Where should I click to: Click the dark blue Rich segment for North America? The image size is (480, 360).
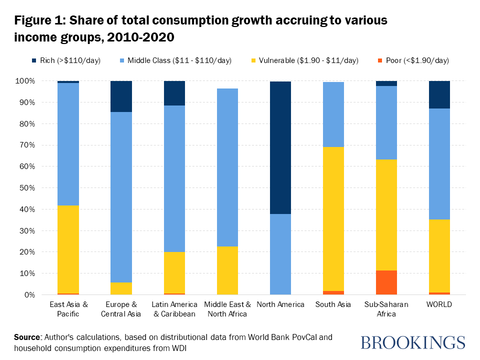click(x=280, y=147)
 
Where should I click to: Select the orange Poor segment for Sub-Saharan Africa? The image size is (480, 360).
click(x=386, y=282)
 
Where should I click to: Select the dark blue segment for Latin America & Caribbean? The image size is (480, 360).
click(x=174, y=93)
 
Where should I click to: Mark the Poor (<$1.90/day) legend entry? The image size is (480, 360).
click(x=413, y=60)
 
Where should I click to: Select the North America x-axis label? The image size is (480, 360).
click(x=280, y=304)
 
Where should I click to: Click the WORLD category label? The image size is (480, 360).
click(x=439, y=304)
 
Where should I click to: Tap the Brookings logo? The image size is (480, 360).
click(x=412, y=342)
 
